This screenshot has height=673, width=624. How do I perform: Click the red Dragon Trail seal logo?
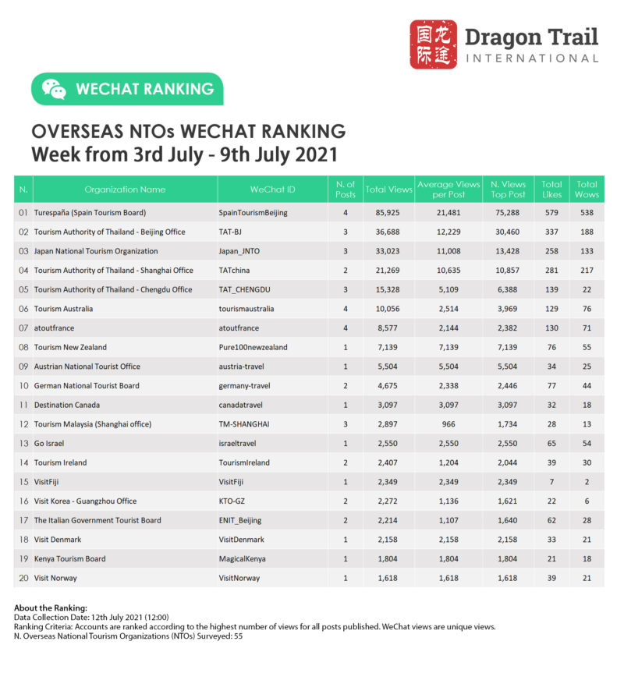pos(434,44)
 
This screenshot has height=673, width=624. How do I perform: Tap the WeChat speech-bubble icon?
pos(54,89)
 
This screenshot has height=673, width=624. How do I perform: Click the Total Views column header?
pos(388,190)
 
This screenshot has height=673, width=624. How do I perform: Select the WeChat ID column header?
pos(273,190)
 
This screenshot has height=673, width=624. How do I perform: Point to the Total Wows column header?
pos(587,190)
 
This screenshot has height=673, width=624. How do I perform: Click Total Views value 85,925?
pos(388,212)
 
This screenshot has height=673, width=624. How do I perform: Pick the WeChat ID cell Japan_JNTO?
pos(244,251)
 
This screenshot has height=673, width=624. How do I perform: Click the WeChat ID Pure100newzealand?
pos(253,347)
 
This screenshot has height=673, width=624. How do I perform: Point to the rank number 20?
pos(23,578)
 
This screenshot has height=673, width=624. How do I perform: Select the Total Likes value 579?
pos(552,212)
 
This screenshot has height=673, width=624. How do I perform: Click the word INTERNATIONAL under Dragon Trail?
pos(532,58)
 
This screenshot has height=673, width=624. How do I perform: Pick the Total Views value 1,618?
pos(388,578)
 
